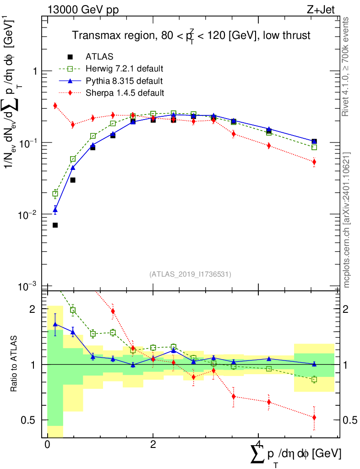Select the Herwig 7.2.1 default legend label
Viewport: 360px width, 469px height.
pyautogui.click(x=124, y=69)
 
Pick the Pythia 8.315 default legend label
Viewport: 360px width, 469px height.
pyautogui.click(x=124, y=81)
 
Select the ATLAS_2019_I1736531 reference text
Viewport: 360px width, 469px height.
pyautogui.click(x=190, y=274)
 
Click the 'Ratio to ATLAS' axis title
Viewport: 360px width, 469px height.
pyautogui.click(x=15, y=364)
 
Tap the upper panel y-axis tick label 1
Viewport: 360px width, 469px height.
pyautogui.click(x=33, y=71)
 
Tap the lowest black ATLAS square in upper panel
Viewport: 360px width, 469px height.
pyautogui.click(x=55, y=225)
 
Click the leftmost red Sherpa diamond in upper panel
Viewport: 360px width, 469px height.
pyautogui.click(x=55, y=106)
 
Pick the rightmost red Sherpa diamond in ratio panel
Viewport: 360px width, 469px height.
pyautogui.click(x=314, y=417)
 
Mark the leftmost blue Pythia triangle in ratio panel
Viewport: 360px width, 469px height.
pyautogui.click(x=55, y=324)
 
